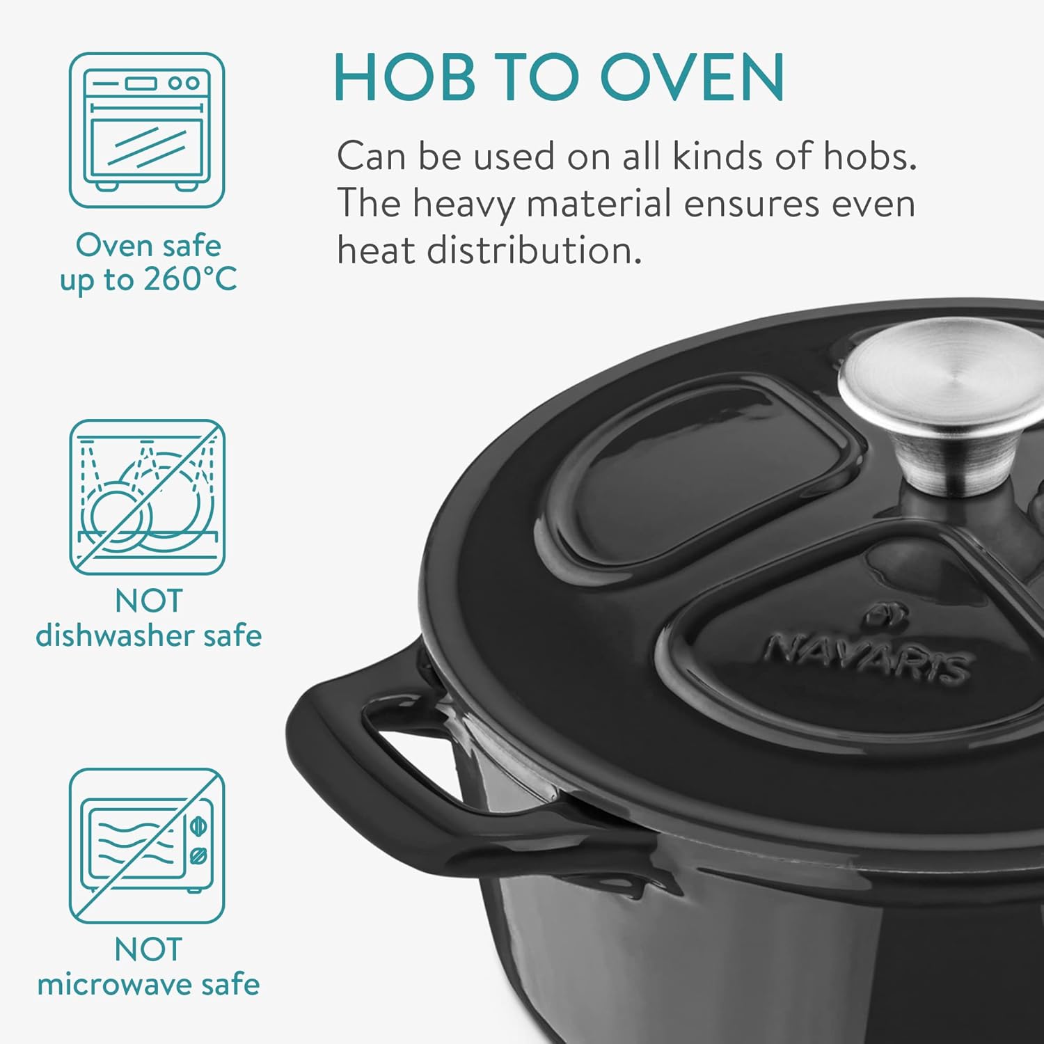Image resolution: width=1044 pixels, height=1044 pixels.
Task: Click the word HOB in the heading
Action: (404, 77)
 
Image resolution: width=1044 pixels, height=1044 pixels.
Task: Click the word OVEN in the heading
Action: (693, 77)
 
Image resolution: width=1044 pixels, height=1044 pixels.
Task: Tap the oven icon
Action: (147, 130)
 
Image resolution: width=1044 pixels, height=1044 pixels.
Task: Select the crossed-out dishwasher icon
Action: (147, 497)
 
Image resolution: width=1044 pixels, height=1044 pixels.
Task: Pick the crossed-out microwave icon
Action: (147, 846)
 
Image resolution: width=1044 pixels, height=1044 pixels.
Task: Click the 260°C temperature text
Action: (190, 280)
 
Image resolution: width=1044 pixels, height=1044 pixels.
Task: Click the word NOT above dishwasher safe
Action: (148, 601)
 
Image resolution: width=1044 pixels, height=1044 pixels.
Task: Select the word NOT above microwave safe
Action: (148, 950)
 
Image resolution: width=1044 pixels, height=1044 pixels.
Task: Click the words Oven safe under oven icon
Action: (148, 245)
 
